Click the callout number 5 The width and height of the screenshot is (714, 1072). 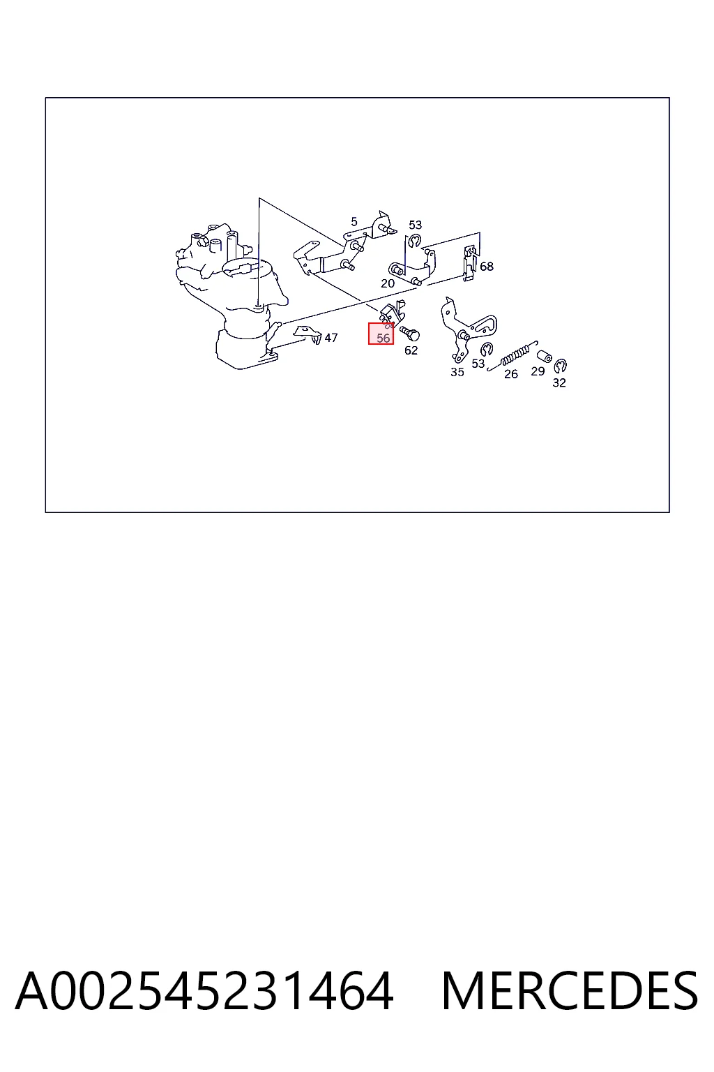pos(354,221)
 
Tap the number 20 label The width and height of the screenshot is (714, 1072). pos(388,283)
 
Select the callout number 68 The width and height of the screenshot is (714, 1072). pos(487,266)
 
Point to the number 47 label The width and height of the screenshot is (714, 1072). pos(331,338)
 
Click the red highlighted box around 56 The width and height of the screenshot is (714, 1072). pos(381,333)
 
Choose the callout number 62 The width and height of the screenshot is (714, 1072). pos(411,350)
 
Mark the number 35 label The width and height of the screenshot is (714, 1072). pos(457,372)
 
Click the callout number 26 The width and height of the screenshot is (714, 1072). pos(511,374)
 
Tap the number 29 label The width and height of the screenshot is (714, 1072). pos(538,371)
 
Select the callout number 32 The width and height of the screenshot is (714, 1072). pos(559,382)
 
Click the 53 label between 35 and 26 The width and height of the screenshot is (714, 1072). pos(478,364)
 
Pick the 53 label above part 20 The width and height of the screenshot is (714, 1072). pos(415,225)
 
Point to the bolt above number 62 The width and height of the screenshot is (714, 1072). pos(410,333)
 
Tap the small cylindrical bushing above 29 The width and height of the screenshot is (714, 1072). pos(544,356)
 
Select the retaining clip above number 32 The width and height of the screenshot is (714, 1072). pos(560,366)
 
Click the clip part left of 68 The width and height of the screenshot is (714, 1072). pos(470,263)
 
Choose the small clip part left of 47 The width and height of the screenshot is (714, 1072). pos(308,334)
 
